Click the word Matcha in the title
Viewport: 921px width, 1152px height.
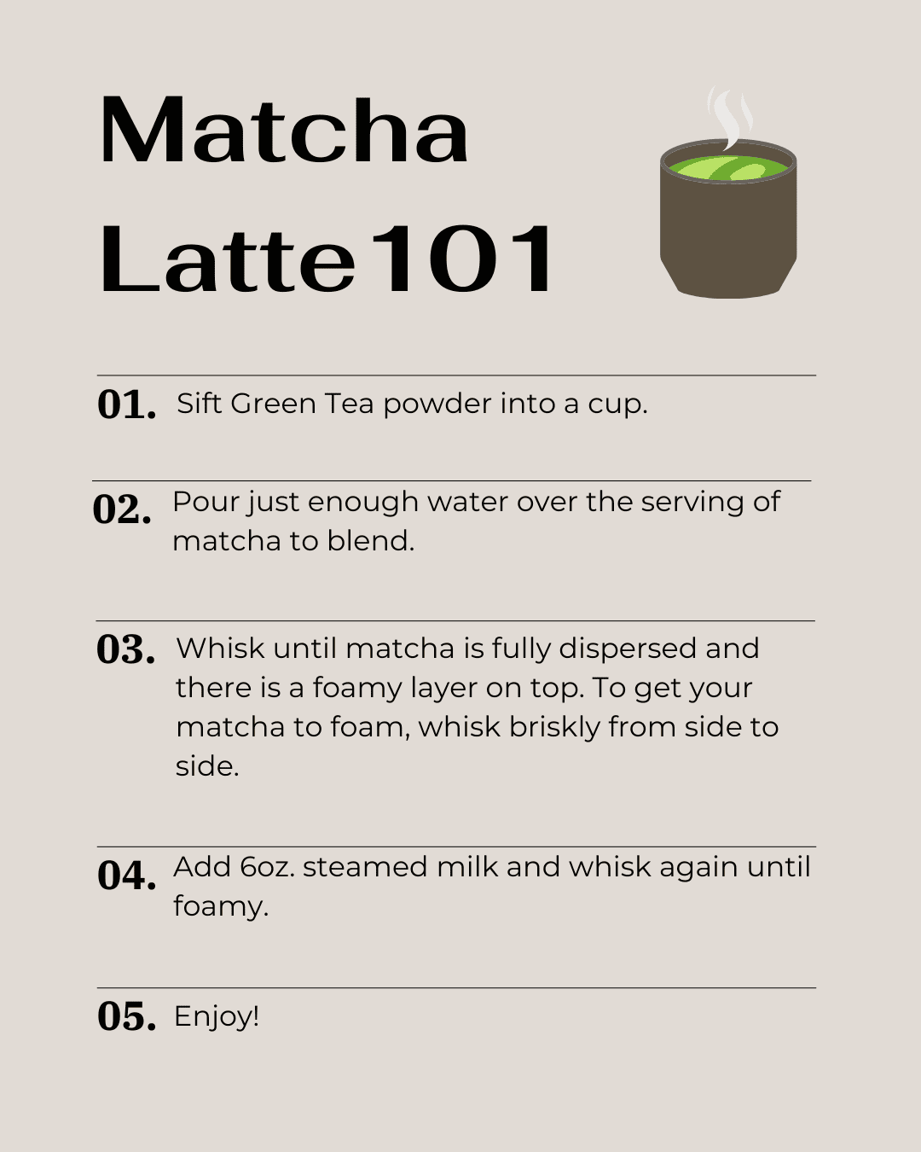pos(283,131)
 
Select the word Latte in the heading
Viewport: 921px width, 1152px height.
pos(227,259)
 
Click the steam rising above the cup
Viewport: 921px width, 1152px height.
pos(730,118)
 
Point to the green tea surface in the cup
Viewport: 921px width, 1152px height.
pos(728,168)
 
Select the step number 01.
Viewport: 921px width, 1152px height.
pos(126,404)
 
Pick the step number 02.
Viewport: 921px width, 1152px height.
pos(122,509)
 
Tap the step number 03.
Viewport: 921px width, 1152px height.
pos(125,649)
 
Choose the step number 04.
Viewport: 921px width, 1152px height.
pos(126,876)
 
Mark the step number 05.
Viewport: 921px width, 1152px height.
pos(126,1016)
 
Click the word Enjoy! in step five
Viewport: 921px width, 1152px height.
pos(217,1016)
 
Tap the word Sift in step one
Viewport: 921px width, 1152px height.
pos(199,403)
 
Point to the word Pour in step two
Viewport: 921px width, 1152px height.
pos(206,502)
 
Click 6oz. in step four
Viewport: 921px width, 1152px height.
pos(267,867)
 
